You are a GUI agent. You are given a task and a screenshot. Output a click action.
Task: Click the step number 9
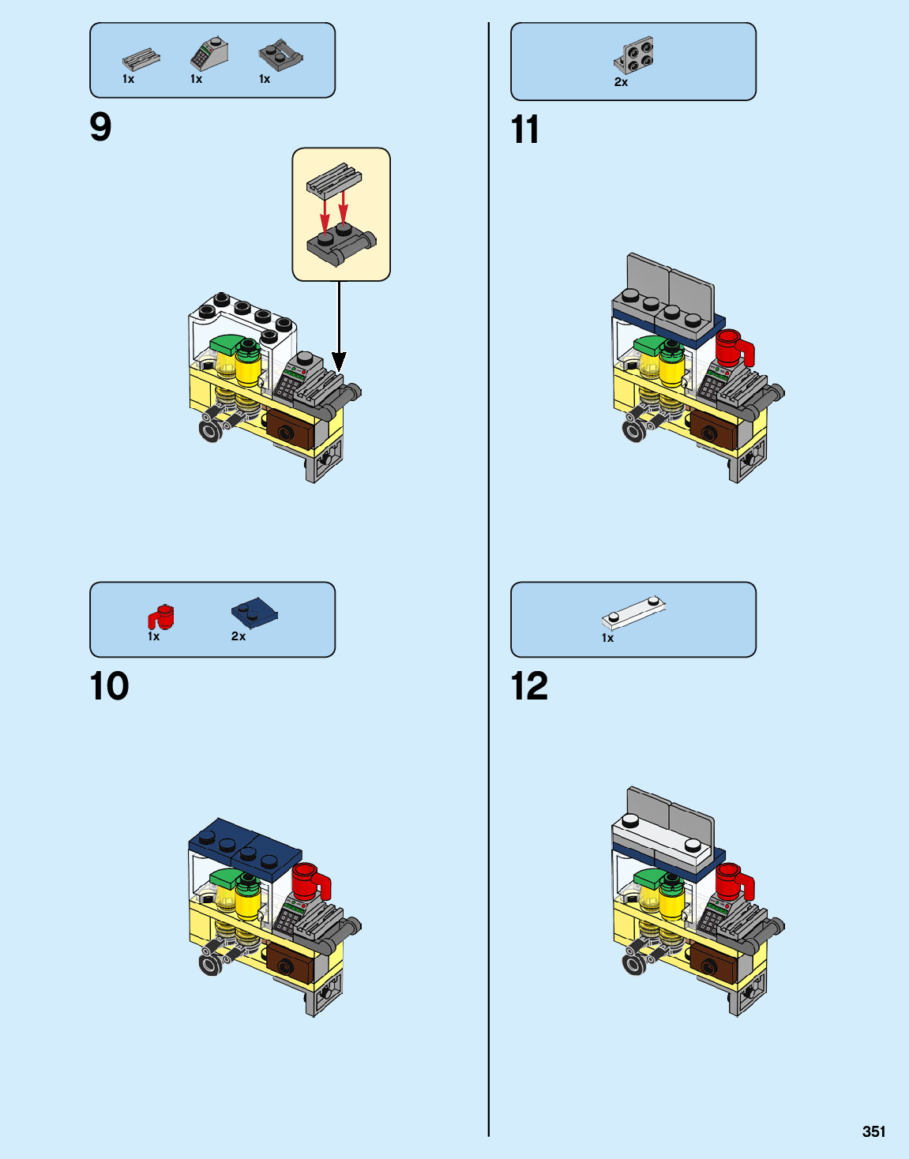pyautogui.click(x=101, y=127)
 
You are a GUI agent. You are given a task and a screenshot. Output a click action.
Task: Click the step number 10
pyautogui.click(x=110, y=686)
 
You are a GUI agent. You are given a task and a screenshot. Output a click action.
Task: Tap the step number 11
pyautogui.click(x=525, y=129)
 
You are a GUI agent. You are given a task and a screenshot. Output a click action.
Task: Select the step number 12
pyautogui.click(x=529, y=686)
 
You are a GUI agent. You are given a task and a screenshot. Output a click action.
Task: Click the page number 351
pyautogui.click(x=873, y=1131)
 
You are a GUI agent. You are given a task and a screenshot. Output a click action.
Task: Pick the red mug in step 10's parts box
pyautogui.click(x=162, y=617)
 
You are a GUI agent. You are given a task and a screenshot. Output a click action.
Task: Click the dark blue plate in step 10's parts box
pyautogui.click(x=254, y=613)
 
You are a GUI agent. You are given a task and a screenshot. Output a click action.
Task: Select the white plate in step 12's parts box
pyautogui.click(x=634, y=611)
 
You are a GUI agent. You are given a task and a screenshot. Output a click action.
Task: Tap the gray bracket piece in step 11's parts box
pyautogui.click(x=635, y=55)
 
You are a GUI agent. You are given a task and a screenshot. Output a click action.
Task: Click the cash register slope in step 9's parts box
pyautogui.click(x=208, y=54)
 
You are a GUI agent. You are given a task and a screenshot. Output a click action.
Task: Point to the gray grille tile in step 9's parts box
pyautogui.click(x=141, y=59)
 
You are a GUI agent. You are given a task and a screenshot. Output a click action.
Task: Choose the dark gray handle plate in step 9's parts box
pyautogui.click(x=280, y=55)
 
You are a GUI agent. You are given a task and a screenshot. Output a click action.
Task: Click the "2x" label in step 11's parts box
pyautogui.click(x=621, y=82)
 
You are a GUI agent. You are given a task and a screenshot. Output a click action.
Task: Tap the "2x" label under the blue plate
pyautogui.click(x=239, y=636)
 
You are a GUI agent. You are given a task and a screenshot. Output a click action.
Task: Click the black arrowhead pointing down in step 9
pyautogui.click(x=339, y=362)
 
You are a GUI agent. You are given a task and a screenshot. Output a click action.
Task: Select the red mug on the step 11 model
pyautogui.click(x=733, y=348)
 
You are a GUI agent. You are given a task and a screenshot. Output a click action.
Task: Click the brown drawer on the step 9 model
pyautogui.click(x=291, y=429)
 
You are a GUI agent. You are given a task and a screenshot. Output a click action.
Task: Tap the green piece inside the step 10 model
pyautogui.click(x=226, y=877)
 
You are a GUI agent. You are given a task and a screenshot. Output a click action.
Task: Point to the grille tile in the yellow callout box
pyautogui.click(x=334, y=178)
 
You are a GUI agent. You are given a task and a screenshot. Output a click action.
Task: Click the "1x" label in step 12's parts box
pyautogui.click(x=607, y=638)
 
